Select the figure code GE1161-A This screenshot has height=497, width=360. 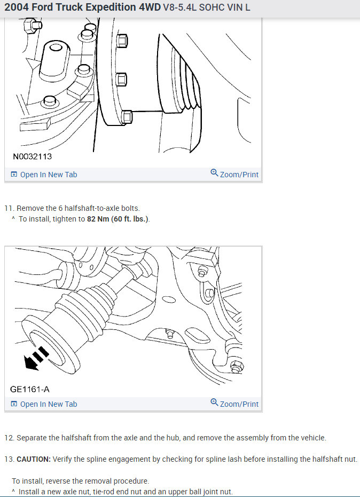[30, 389]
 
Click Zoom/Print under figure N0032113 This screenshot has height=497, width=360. [239, 175]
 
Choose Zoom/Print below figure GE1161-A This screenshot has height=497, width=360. [239, 404]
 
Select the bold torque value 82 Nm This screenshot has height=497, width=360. [98, 219]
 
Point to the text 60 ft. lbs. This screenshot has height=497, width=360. [130, 219]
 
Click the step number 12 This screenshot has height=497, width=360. [9, 438]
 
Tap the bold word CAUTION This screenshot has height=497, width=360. [33, 459]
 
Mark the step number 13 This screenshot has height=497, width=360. [9, 459]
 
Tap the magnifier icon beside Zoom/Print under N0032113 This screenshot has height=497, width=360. [214, 173]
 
